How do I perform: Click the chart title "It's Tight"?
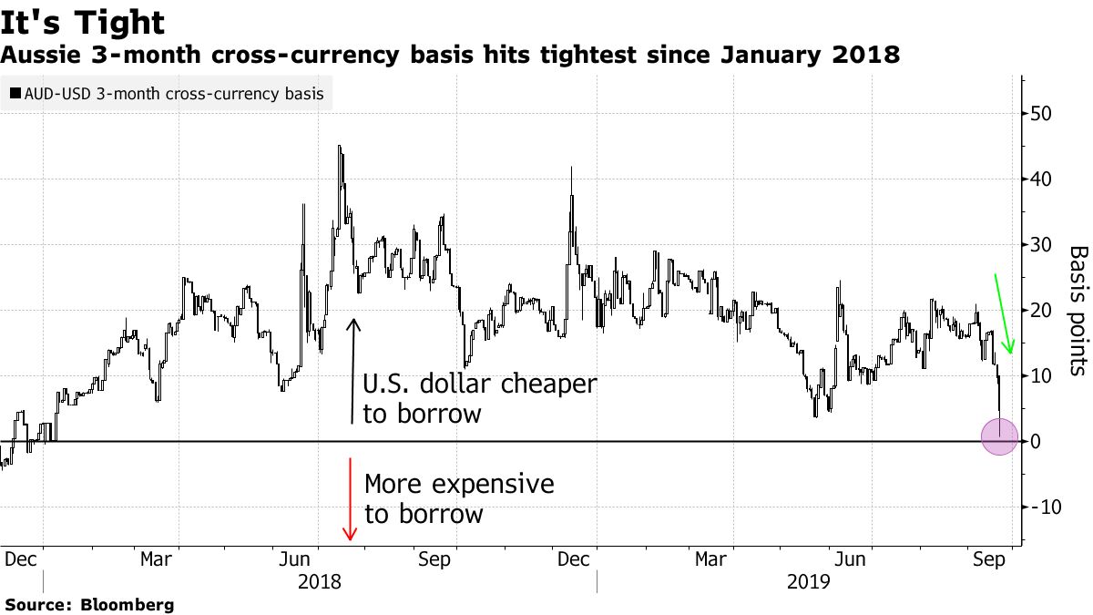click(84, 23)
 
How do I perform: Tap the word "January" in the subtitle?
click(757, 56)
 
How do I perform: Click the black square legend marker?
click(15, 94)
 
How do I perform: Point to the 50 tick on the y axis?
click(1041, 114)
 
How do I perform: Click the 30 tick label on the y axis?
click(1041, 245)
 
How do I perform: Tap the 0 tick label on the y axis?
click(1036, 442)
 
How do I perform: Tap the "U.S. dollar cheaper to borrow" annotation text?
click(479, 398)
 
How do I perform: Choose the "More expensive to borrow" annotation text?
click(458, 498)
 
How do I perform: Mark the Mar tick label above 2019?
click(710, 559)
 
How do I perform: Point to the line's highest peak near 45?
click(340, 146)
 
